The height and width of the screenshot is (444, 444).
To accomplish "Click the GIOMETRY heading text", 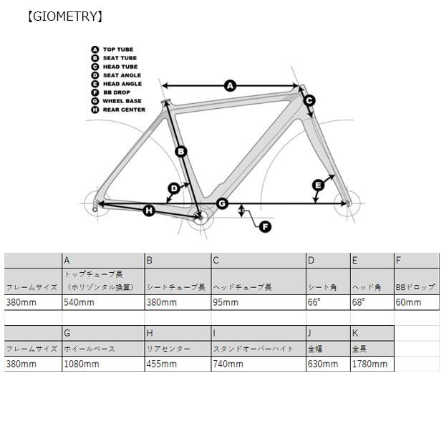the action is click(65, 16).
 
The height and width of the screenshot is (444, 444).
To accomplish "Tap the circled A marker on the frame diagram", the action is click(230, 85).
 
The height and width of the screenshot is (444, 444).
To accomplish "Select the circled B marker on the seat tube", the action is click(181, 151).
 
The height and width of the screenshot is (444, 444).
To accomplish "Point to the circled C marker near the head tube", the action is click(309, 100).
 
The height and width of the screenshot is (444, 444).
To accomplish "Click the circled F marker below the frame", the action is click(265, 226).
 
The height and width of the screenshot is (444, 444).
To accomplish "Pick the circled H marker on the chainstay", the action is click(149, 211).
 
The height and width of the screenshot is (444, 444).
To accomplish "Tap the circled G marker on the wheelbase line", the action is click(222, 203).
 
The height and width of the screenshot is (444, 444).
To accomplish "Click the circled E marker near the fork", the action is click(318, 185).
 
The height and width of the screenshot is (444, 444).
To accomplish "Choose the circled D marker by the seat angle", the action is click(174, 188).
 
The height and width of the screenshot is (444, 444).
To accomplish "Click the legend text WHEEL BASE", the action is click(122, 101).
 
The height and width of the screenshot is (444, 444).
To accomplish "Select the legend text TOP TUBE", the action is click(118, 49).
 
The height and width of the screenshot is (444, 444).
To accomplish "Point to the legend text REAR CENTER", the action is click(124, 110).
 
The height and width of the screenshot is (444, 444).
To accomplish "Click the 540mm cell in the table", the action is click(79, 302).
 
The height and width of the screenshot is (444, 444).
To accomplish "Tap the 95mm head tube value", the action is click(226, 302).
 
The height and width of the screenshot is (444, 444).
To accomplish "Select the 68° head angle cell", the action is click(358, 302).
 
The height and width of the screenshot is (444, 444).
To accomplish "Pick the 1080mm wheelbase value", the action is click(82, 364).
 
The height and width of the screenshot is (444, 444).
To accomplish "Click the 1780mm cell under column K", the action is click(370, 364).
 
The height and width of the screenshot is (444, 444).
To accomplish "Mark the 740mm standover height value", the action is click(228, 364).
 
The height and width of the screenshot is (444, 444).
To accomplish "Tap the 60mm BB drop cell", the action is click(408, 302).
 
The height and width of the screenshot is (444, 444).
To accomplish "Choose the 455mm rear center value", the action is click(162, 364).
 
